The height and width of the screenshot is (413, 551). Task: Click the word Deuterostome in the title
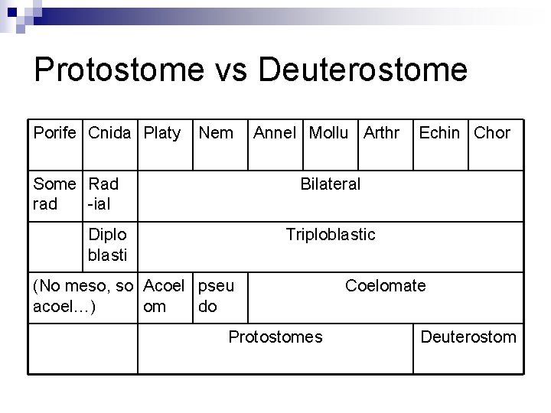click(363, 70)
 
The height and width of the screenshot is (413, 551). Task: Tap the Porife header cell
click(55, 133)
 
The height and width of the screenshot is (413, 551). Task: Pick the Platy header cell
click(162, 133)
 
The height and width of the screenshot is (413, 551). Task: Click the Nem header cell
click(216, 133)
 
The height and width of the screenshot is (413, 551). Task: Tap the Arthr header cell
click(381, 133)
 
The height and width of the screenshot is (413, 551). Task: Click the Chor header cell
click(492, 133)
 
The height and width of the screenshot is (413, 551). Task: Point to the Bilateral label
click(331, 184)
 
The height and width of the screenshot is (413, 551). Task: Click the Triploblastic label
click(331, 234)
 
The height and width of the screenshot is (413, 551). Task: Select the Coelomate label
click(386, 285)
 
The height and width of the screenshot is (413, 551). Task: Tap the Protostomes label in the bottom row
click(276, 337)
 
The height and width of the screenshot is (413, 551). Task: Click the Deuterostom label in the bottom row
click(468, 337)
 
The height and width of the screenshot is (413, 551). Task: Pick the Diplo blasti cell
click(108, 243)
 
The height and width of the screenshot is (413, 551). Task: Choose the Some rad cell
click(55, 193)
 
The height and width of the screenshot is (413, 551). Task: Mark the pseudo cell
click(217, 296)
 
